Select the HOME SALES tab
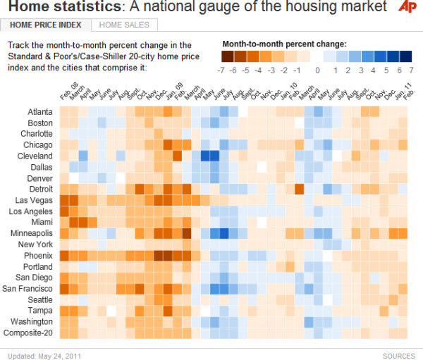tap(125, 25)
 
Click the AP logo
tap(407, 8)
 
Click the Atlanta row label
tap(39, 112)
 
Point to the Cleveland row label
tap(36, 156)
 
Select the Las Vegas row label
tap(35, 199)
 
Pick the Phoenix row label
tap(38, 256)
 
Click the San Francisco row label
tap(28, 288)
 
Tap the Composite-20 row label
tap(29, 333)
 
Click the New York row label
tap(36, 244)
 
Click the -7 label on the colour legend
tap(221, 70)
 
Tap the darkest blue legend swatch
tap(405, 56)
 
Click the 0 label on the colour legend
tap(317, 70)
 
